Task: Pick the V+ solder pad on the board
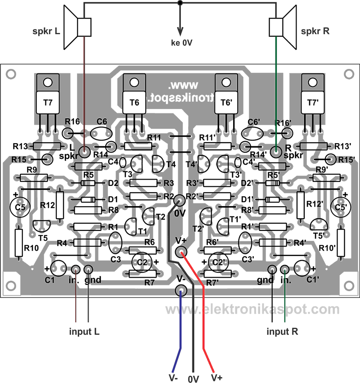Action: (x=181, y=252)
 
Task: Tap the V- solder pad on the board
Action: (x=181, y=290)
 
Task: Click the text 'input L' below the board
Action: (x=84, y=333)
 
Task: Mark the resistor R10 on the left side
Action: (x=18, y=243)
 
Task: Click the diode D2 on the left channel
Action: (x=88, y=183)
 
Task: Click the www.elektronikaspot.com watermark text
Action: (x=252, y=309)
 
